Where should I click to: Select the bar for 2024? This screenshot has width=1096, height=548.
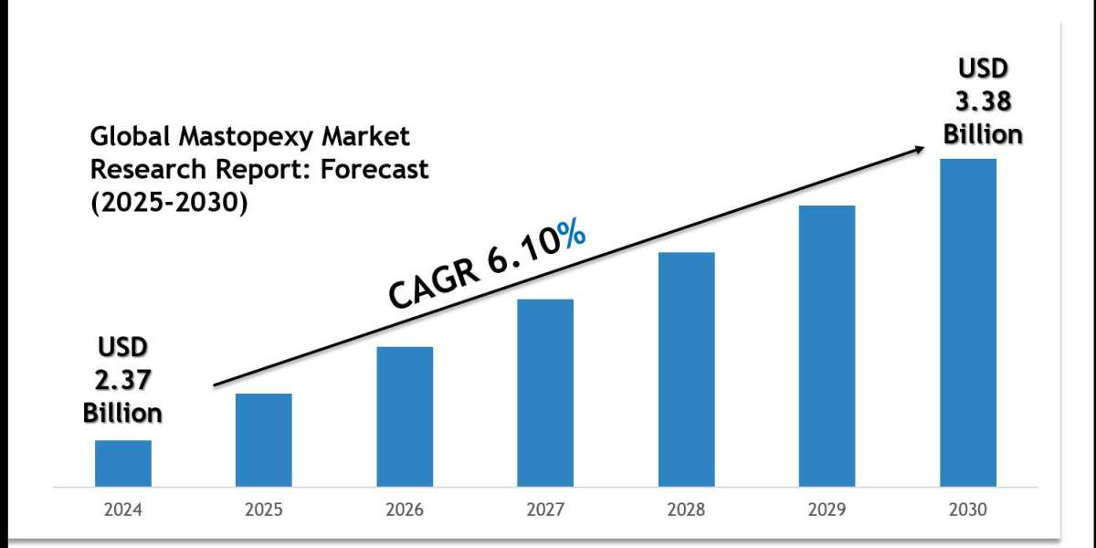pos(123,463)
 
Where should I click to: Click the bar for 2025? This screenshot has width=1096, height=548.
pos(264,439)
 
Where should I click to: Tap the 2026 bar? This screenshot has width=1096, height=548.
pos(405,416)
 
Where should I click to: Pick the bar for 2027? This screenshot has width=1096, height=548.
pos(545,392)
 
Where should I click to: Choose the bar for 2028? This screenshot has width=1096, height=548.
pos(686,368)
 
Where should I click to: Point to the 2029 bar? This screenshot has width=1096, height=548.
pos(827,345)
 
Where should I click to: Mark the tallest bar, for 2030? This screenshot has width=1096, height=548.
pos(968,321)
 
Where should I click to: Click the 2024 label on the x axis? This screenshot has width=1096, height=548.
pos(123,510)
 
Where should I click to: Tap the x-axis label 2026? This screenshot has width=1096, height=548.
pos(405,510)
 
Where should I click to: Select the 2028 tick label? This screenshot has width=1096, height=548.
pos(686,510)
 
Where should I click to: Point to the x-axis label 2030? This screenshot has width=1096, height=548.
pos(968,510)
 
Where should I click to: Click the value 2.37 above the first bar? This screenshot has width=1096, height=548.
pos(122,380)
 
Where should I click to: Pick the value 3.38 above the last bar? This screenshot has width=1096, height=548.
pos(983,102)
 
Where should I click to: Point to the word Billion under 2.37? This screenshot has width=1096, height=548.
pos(122,413)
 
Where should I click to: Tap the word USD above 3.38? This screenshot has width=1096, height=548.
pos(983,70)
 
